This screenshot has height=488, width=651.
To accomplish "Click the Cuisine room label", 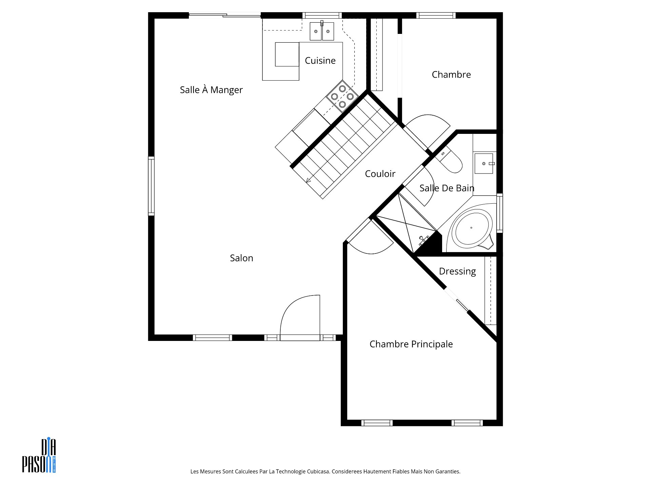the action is (x=320, y=61).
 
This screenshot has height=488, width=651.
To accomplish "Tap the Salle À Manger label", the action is (x=211, y=90).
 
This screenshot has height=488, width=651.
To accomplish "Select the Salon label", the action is (x=241, y=258).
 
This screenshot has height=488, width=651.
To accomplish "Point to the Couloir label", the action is (x=380, y=174).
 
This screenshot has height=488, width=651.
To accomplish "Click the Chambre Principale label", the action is (x=411, y=344).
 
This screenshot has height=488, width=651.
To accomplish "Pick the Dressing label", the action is (x=457, y=271).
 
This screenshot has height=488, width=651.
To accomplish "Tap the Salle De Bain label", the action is (x=447, y=188).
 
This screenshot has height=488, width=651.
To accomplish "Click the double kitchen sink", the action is (x=322, y=31).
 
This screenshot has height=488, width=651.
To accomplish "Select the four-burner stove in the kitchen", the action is (x=342, y=96).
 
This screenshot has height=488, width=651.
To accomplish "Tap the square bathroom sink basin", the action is (x=484, y=163).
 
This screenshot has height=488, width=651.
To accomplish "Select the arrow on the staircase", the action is (x=309, y=180).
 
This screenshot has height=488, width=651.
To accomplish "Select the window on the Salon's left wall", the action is (x=151, y=186).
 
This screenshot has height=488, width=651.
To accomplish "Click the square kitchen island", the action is (x=287, y=54).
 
